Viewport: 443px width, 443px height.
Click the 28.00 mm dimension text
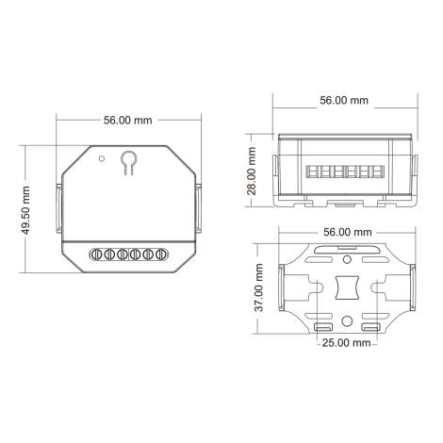point(252,170)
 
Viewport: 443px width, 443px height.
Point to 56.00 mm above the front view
point(128,121)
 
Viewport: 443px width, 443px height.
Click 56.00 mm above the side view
point(345,100)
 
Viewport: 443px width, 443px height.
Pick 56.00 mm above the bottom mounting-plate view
point(345,231)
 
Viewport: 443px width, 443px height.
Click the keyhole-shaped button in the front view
point(128,163)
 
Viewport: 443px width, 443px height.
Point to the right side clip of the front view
point(201,210)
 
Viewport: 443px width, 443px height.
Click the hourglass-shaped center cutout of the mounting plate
point(346,286)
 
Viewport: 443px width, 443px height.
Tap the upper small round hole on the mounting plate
point(346,257)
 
